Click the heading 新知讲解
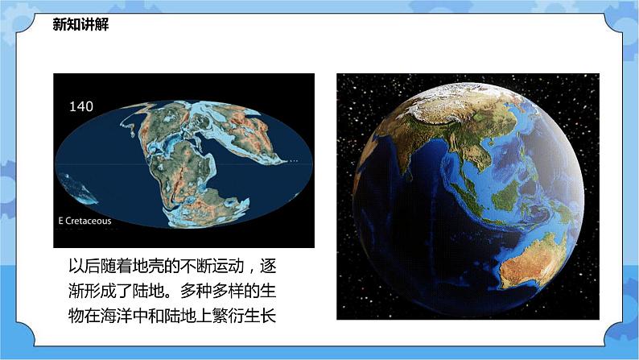pyautogui.click(x=80, y=25)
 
